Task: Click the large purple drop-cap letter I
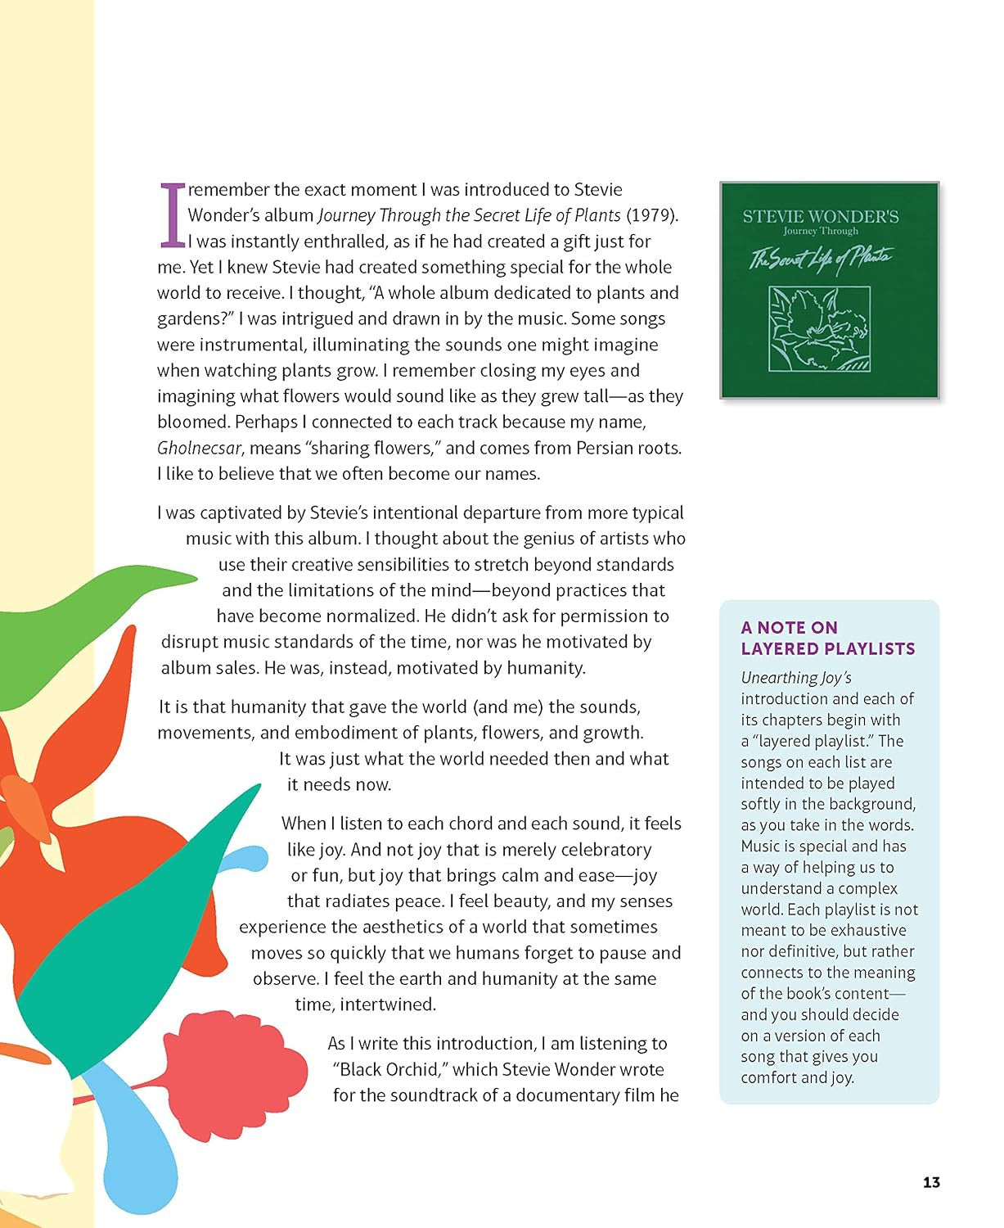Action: (172, 214)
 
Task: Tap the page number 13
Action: (931, 1182)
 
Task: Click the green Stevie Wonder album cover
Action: (829, 290)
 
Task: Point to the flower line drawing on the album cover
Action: (819, 329)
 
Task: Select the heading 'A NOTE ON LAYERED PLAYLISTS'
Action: (827, 638)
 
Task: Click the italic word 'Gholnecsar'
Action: (200, 448)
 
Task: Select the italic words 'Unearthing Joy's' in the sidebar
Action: (796, 678)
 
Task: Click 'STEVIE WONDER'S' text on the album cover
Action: (820, 217)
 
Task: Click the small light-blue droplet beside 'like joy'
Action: (245, 860)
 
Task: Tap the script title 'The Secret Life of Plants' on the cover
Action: (821, 258)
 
